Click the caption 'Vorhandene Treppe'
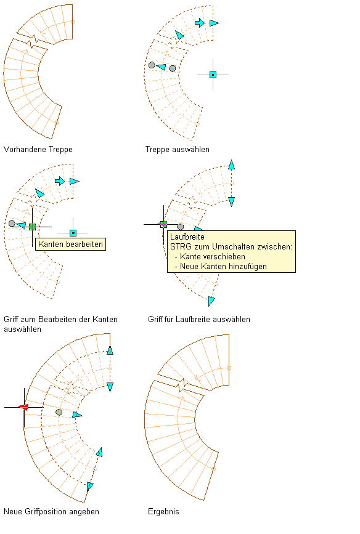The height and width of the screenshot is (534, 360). pos(38,150)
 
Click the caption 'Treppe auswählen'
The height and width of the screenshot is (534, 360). pos(178,150)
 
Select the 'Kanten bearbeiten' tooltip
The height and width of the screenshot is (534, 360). pos(70,244)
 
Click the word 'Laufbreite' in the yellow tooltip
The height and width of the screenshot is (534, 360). pos(187,237)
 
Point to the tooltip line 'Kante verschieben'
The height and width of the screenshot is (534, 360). pos(213,256)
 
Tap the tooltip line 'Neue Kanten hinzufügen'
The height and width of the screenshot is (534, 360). pos(223,266)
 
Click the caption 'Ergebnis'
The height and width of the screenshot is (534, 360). pos(163,512)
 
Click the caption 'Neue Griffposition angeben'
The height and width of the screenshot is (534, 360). pos(52,512)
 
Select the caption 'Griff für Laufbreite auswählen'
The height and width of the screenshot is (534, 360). pos(199,320)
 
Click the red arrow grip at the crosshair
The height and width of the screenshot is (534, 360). pos(23,407)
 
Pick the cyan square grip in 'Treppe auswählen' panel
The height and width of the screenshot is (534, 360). pos(213,75)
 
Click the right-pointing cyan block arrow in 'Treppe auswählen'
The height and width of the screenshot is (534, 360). pos(200,23)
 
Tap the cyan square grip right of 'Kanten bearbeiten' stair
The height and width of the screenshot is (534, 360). pos(73,233)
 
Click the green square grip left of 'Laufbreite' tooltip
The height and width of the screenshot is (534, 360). pos(163,224)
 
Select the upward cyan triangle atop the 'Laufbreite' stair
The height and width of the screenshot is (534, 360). pos(232,164)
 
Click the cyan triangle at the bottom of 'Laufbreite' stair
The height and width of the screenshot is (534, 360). pos(211,301)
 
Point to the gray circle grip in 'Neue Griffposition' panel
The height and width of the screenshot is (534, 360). pos(59,413)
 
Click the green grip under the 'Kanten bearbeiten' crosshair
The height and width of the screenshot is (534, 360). pos(33,227)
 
